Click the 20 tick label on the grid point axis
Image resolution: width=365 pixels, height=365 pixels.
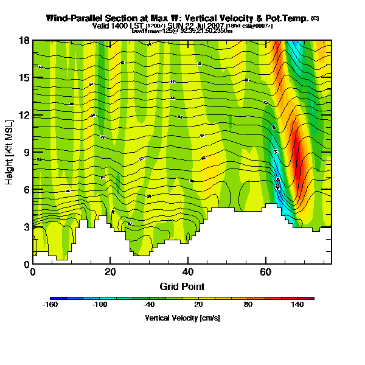pyautogui.click(x=110, y=271)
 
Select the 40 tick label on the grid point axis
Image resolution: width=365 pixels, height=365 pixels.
pyautogui.click(x=188, y=271)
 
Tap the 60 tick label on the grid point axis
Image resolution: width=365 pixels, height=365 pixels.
pyautogui.click(x=266, y=271)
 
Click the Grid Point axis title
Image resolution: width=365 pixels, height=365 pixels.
pyautogui.click(x=182, y=286)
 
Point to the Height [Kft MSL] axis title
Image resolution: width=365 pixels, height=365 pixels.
pyautogui.click(x=10, y=152)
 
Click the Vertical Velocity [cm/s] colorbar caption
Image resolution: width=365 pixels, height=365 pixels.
pyautogui.click(x=182, y=318)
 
